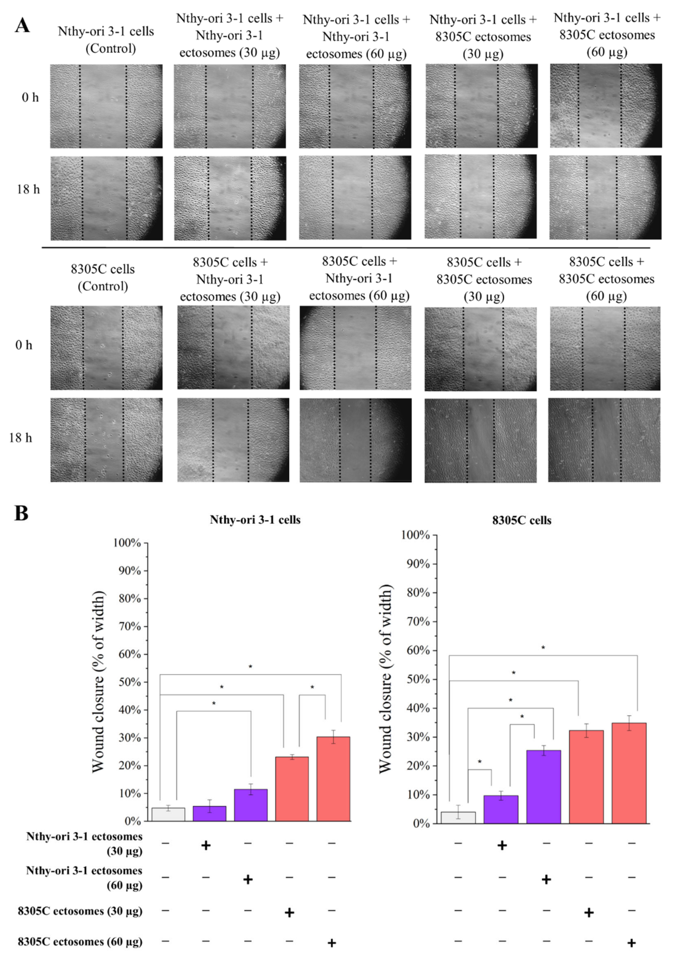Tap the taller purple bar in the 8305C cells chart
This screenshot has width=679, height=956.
544,787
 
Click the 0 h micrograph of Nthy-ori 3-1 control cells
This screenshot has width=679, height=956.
106,106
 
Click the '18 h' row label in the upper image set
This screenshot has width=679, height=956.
28,189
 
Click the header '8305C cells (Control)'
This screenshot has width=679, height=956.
103,278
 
